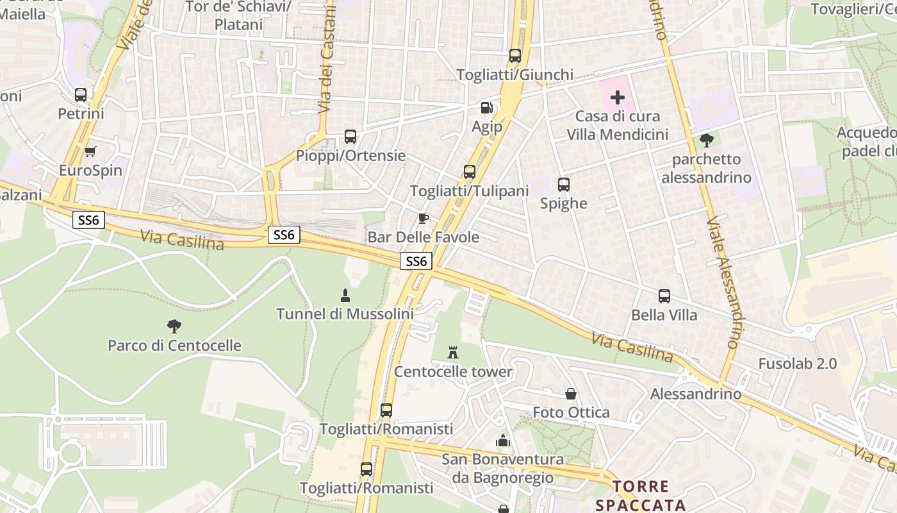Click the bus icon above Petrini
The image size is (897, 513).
coord(81,95)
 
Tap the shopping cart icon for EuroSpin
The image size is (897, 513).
coord(90,151)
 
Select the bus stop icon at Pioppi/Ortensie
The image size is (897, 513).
coord(350,136)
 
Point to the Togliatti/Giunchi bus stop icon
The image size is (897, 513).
coord(515,55)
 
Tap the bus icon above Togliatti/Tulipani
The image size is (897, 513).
coord(470,171)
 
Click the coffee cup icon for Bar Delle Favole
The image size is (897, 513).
coord(423,218)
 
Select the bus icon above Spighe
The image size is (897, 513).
coord(564,185)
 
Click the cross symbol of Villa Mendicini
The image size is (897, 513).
coord(618,97)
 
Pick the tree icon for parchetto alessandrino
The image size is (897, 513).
coord(706,140)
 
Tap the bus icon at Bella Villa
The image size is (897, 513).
coord(664,296)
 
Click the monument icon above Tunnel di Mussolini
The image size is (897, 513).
coord(345,295)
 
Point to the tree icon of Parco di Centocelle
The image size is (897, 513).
coord(174,326)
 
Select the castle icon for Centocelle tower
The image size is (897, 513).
coord(453,352)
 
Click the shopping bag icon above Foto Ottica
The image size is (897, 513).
coord(571,393)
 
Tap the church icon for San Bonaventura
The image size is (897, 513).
coord(503,441)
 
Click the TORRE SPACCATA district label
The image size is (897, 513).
coord(641,496)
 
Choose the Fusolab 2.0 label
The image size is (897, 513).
coord(797,364)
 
